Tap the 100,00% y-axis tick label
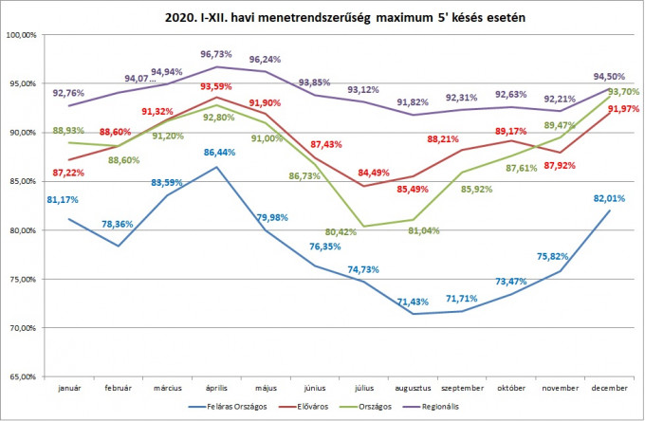coord(22,35)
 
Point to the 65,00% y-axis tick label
coord(22,377)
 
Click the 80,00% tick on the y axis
coord(22,230)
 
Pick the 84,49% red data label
coord(368,172)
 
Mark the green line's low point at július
coord(363,227)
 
